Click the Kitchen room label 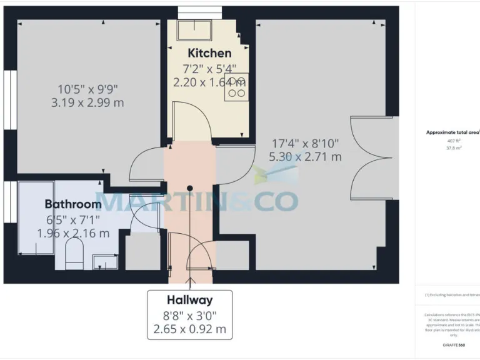[209, 53]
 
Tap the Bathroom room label [72, 204]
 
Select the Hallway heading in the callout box [189, 300]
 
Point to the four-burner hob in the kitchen [237, 87]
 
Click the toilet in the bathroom [74, 256]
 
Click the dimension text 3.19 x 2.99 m [87, 102]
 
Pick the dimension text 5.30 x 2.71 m [305, 157]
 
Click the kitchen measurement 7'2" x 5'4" [209, 68]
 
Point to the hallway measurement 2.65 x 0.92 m [189, 329]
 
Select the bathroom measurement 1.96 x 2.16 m [73, 233]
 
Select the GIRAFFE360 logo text [453, 345]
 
